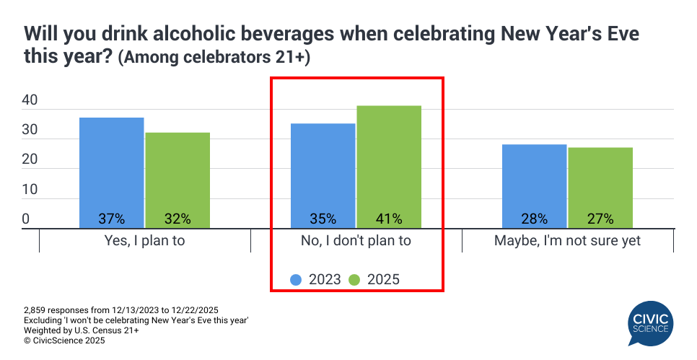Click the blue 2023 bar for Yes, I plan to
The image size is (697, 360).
112,173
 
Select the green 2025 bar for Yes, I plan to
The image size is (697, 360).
177,180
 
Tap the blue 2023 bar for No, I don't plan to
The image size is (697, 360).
323,176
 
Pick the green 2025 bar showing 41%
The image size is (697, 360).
389,167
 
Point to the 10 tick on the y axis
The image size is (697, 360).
30,190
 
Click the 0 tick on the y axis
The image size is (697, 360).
25,219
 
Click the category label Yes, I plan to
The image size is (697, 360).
145,241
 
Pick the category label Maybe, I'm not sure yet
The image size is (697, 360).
567,241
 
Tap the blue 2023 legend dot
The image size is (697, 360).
297,279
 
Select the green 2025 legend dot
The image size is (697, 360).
354,279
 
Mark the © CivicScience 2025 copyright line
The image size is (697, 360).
65,341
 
